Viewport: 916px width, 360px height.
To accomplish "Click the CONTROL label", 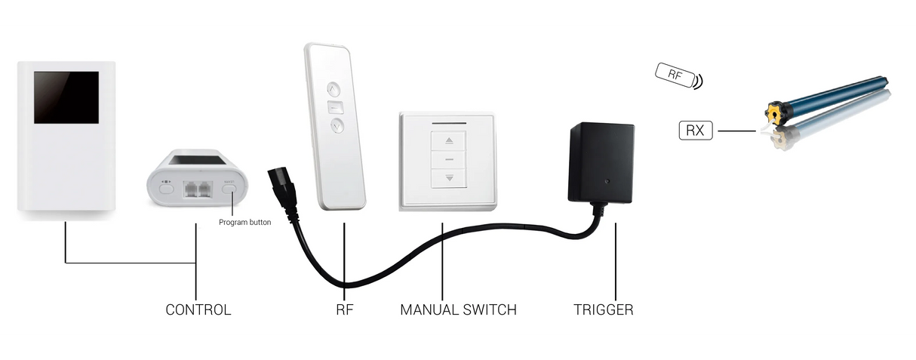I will (198, 310).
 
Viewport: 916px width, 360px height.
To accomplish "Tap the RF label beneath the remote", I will (344, 310).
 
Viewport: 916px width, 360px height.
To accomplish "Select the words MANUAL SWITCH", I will (458, 310).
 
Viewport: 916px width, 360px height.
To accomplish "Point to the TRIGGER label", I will (603, 310).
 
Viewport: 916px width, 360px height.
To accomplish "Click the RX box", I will (695, 131).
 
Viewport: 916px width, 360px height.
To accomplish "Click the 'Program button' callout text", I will (244, 222).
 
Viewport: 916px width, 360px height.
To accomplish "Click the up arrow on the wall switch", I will (450, 140).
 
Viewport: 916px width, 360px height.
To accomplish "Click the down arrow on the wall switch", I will (450, 178).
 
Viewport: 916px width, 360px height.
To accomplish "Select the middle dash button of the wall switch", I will (450, 160).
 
